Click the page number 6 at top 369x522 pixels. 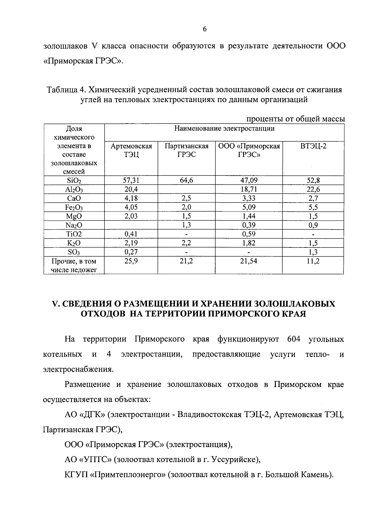coord(204,29)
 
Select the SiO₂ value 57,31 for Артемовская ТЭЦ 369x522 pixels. coord(131,180)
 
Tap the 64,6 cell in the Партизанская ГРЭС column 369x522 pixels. coord(186,180)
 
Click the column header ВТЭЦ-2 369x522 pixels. coord(313,146)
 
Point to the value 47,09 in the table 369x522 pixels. coord(249,180)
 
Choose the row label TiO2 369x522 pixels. coord(74,234)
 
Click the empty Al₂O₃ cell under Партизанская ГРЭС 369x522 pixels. coord(186,189)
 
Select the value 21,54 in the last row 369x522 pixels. coord(249,261)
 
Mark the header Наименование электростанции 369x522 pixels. coord(224,129)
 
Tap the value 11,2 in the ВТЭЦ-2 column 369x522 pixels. coord(313,261)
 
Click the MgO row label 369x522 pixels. coord(74,216)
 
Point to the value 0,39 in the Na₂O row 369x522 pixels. coord(249,225)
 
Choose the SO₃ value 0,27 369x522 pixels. coord(131,252)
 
